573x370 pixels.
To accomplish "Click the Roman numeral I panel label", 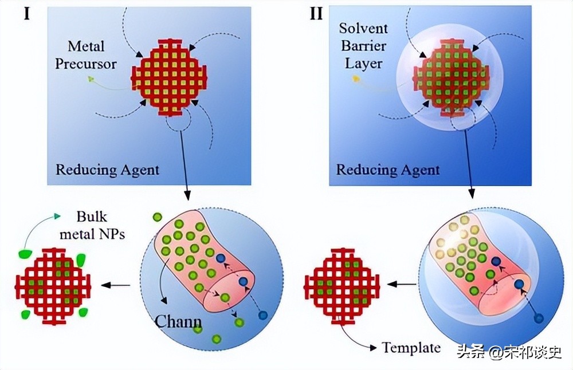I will point(26,14).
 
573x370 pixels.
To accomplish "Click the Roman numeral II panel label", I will point(316,14).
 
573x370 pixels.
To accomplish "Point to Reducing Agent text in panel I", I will point(107,169).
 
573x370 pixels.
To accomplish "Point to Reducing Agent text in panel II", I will point(388,170).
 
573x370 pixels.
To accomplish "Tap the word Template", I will point(411,347).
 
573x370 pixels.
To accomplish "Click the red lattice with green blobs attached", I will point(53,284).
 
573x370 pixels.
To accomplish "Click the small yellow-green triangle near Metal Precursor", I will point(91,79).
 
